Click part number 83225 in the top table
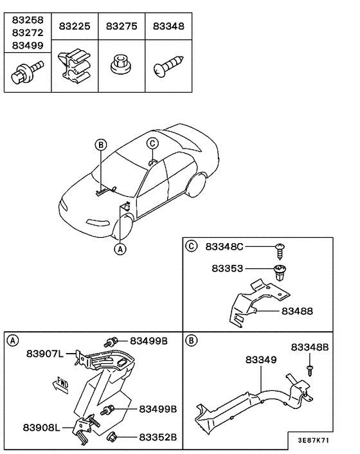[75, 27]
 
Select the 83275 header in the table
[122, 27]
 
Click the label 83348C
[225, 247]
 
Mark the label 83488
[297, 311]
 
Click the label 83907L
[45, 354]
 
